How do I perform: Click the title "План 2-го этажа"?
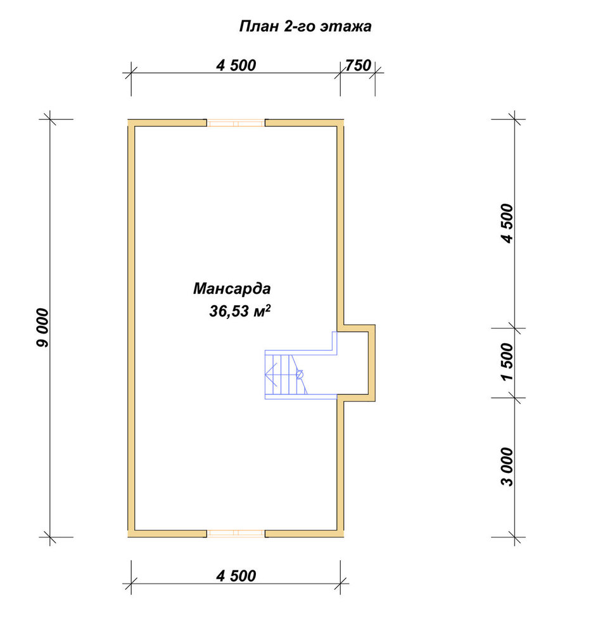click(x=305, y=27)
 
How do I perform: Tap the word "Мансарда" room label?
click(x=232, y=289)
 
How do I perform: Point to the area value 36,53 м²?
click(x=239, y=311)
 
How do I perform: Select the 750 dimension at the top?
click(x=358, y=65)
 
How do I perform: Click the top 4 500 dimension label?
click(x=236, y=65)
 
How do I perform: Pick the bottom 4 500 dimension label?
click(x=236, y=576)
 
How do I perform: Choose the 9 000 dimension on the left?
click(x=42, y=328)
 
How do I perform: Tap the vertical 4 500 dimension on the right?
click(x=507, y=223)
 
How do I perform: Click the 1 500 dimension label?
click(x=507, y=361)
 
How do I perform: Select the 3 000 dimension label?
click(x=507, y=467)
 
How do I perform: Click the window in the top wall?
click(x=236, y=123)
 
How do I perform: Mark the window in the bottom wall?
click(x=236, y=534)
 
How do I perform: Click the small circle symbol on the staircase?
click(x=300, y=374)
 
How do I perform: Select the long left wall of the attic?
click(x=131, y=328)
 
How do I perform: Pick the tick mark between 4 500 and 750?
click(x=340, y=73)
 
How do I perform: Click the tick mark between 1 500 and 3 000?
click(x=514, y=398)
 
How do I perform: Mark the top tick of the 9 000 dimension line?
click(x=50, y=120)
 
